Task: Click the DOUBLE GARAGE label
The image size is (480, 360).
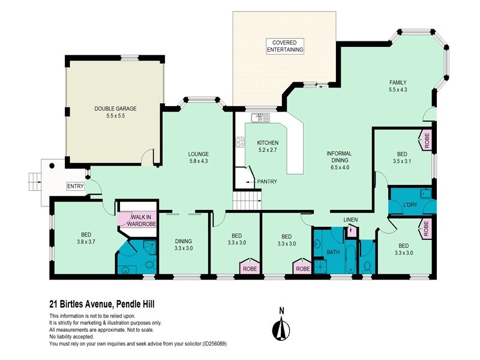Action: [x=115, y=109]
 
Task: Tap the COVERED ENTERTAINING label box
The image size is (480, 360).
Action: [x=285, y=46]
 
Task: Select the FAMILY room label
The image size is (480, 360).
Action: [x=398, y=82]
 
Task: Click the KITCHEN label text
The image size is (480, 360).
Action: [x=268, y=142]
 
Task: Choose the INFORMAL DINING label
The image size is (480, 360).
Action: [x=339, y=157]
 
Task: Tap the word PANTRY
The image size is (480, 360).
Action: [x=267, y=181]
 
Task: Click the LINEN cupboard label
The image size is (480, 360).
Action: [x=350, y=220]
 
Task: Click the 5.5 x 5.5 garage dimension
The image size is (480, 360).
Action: [x=115, y=116]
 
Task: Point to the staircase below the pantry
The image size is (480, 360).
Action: [x=247, y=200]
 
